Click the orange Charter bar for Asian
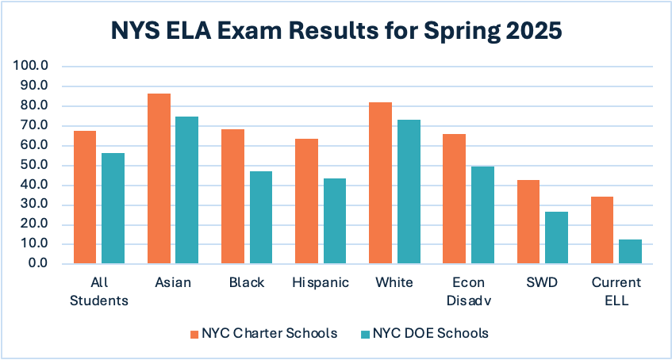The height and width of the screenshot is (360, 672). click(159, 178)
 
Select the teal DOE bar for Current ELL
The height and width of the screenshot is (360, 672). click(630, 251)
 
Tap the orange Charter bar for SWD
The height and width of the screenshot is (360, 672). click(528, 222)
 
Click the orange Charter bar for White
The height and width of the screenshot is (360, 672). click(380, 182)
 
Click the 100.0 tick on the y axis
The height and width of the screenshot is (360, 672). click(33, 66)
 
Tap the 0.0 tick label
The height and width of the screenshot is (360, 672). click(38, 263)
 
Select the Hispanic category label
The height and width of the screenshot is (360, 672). click(321, 283)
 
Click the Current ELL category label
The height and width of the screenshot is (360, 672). click(616, 290)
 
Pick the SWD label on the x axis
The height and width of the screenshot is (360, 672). click(542, 283)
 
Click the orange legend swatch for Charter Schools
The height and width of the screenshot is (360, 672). click(194, 334)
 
